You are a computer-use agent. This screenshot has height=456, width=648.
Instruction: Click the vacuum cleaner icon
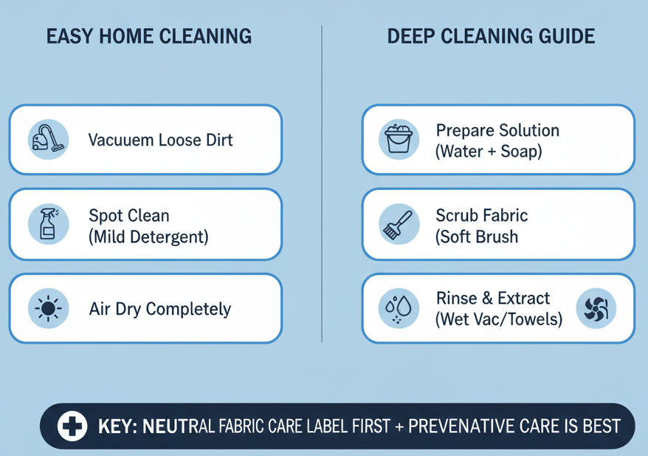tap(48, 139)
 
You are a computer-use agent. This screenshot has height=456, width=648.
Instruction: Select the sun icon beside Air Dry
tap(48, 308)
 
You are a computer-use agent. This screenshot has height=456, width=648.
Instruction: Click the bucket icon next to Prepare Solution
tap(399, 139)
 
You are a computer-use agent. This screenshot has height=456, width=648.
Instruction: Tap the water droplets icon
tap(399, 308)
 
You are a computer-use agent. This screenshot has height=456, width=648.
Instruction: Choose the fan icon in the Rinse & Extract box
tap(595, 308)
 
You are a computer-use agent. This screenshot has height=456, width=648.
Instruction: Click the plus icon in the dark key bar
tap(72, 426)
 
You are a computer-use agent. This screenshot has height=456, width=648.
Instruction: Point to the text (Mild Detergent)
tap(148, 237)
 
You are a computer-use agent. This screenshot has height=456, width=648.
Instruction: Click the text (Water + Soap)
tap(489, 152)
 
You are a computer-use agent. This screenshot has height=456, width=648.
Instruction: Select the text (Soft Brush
tap(477, 237)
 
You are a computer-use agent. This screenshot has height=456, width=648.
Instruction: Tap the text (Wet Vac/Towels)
tap(499, 320)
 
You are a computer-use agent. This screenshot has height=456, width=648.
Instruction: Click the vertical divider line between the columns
tap(323, 185)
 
